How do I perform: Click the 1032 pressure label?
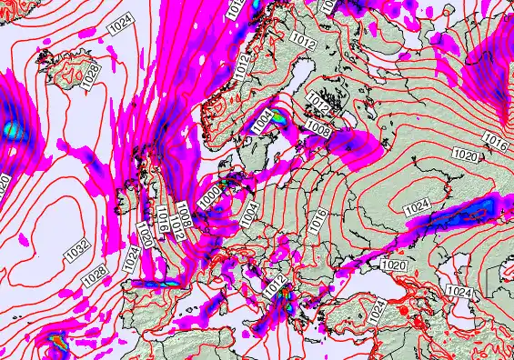point(77,247)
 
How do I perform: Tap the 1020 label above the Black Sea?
point(393,265)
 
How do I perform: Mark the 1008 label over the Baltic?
point(319,131)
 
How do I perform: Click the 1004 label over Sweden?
point(263,119)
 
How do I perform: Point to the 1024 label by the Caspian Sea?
point(460,291)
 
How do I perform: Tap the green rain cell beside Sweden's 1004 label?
point(279,115)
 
